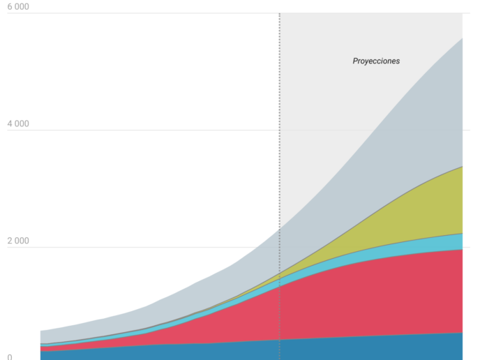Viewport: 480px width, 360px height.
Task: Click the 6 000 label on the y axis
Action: pyautogui.click(x=18, y=6)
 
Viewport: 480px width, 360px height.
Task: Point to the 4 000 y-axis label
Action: pyautogui.click(x=18, y=123)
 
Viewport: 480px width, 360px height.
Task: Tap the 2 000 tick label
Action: pyautogui.click(x=18, y=241)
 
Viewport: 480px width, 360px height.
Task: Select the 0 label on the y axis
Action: pyautogui.click(x=10, y=357)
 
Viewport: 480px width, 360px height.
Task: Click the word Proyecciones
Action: pyautogui.click(x=376, y=61)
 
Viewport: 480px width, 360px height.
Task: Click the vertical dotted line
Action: pyautogui.click(x=280, y=186)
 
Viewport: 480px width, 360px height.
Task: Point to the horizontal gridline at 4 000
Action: pyautogui.click(x=239, y=130)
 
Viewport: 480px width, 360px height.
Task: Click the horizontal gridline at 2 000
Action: pyautogui.click(x=239, y=247)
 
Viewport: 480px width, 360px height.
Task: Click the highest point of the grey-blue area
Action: pyautogui.click(x=463, y=38)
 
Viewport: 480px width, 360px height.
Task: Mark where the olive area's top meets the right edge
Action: pyautogui.click(x=463, y=167)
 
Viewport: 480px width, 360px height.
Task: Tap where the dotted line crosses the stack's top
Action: pyautogui.click(x=280, y=229)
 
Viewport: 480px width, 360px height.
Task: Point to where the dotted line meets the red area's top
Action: pyautogui.click(x=280, y=287)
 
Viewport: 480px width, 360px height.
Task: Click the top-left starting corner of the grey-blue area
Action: pyautogui.click(x=40, y=331)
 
